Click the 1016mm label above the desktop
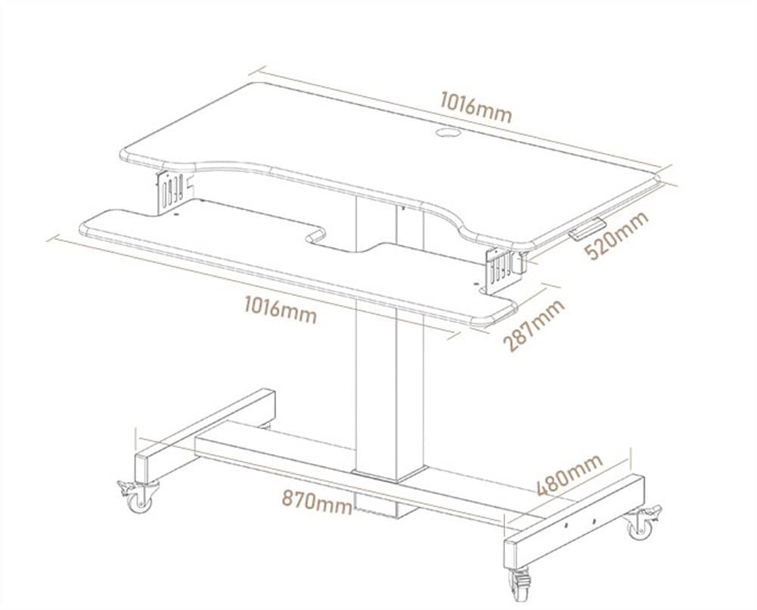coord(476,107)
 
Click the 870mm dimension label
coord(317,500)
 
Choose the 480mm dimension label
coord(569,475)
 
